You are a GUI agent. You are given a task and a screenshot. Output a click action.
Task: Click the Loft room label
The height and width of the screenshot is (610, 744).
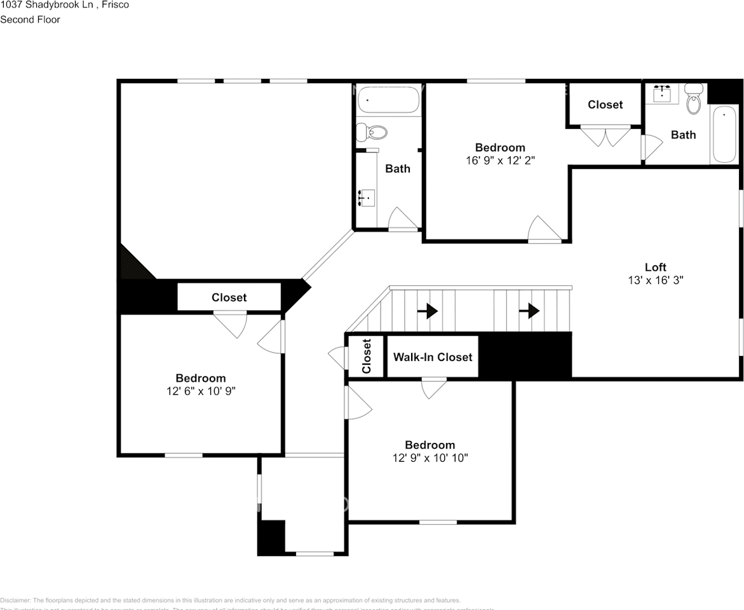point(656,267)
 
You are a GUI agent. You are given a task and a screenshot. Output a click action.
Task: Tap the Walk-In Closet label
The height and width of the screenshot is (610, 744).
point(432,357)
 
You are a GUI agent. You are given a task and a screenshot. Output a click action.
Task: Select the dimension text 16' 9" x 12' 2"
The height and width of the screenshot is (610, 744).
point(500,161)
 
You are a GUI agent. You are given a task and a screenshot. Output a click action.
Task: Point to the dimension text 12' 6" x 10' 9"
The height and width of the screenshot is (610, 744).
point(201,391)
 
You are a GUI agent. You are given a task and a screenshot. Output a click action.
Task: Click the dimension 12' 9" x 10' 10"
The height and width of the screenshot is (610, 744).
point(430,457)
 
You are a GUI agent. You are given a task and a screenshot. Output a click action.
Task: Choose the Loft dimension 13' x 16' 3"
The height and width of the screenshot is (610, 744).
point(656,280)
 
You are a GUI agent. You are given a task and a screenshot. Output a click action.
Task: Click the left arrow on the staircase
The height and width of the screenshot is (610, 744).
point(430,311)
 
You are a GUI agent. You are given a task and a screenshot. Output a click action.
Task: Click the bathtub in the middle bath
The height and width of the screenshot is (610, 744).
point(388,100)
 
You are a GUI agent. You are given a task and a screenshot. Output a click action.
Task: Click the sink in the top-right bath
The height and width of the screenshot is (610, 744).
point(663,93)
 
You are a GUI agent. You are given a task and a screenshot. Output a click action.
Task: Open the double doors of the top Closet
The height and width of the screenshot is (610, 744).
point(605,136)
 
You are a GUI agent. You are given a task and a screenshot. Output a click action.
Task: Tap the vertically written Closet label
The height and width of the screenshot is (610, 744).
point(367,356)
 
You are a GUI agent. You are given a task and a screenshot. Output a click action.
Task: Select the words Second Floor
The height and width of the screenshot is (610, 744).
point(30,20)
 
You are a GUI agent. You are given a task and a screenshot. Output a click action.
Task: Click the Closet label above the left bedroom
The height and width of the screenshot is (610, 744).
point(229,297)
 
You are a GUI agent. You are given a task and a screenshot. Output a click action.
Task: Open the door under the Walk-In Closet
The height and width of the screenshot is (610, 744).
point(434,388)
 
